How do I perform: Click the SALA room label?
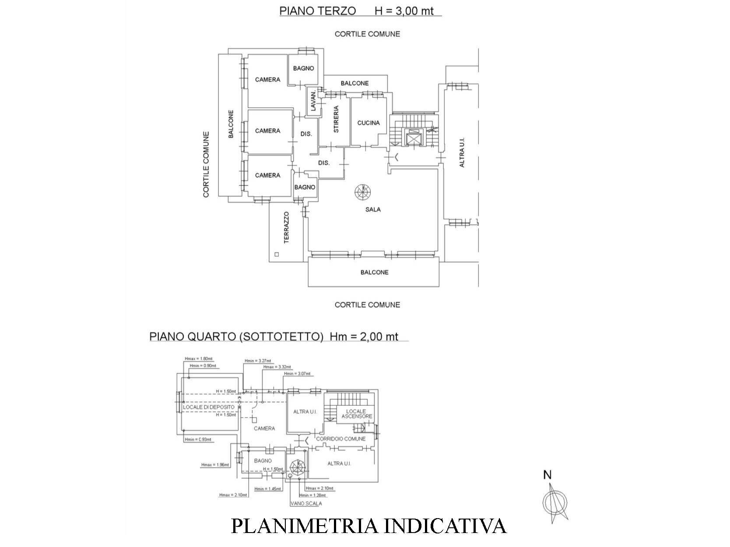[373, 209]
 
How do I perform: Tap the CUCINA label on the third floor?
[369, 123]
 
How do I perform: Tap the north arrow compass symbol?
[554, 501]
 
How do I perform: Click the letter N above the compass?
[547, 475]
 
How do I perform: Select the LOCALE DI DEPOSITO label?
[209, 407]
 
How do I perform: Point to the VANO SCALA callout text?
[306, 503]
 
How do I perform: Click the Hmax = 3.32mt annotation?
[277, 367]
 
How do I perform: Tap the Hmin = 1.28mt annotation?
[312, 495]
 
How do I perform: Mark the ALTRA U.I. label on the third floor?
[462, 152]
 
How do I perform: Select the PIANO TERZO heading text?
[317, 11]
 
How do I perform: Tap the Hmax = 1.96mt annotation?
[215, 465]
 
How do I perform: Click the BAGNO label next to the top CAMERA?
[303, 68]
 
